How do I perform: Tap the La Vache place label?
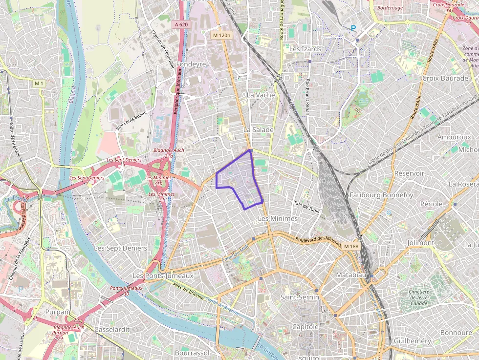pyautogui.click(x=261, y=95)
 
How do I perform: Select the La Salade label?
pyautogui.click(x=259, y=130)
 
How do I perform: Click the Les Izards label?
pyautogui.click(x=305, y=49)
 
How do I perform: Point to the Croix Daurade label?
pyautogui.click(x=445, y=78)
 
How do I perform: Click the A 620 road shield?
pyautogui.click(x=181, y=23)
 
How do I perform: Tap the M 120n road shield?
pyautogui.click(x=221, y=35)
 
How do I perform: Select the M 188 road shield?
pyautogui.click(x=351, y=246)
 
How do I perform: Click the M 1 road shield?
pyautogui.click(x=39, y=84)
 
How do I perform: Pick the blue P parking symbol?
pyautogui.click(x=353, y=28)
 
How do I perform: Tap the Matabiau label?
pyautogui.click(x=351, y=275)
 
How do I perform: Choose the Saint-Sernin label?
pyautogui.click(x=300, y=297)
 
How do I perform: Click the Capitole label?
pyautogui.click(x=305, y=326)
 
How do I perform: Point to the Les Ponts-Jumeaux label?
pyautogui.click(x=163, y=276)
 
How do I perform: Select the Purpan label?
pyautogui.click(x=57, y=312)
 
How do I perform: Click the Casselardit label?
pyautogui.click(x=112, y=329)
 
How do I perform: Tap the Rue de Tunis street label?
pyautogui.click(x=306, y=207)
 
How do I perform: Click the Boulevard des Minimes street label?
pyautogui.click(x=318, y=239)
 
